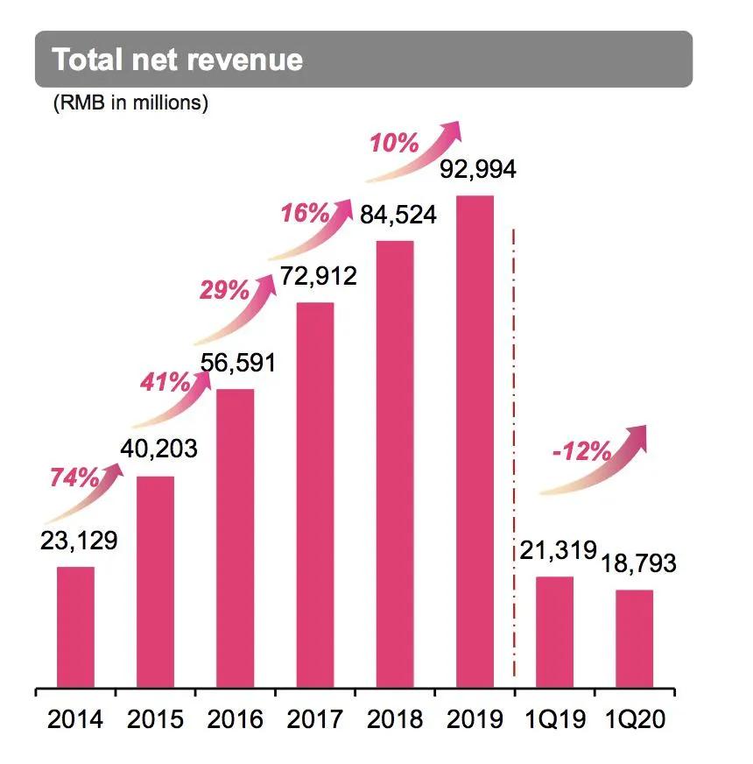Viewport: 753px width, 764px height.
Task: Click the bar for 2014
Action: [x=75, y=627]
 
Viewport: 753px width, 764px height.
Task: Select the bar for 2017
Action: [x=314, y=495]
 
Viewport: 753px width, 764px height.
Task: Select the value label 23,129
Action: [x=78, y=541]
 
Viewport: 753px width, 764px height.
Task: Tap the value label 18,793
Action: [x=637, y=563]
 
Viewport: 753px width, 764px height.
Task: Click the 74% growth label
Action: [x=74, y=478]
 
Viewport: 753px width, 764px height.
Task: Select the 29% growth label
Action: [x=225, y=291]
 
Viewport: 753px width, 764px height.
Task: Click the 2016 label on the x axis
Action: [x=235, y=719]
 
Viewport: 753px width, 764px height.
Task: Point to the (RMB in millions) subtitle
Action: [x=130, y=103]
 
